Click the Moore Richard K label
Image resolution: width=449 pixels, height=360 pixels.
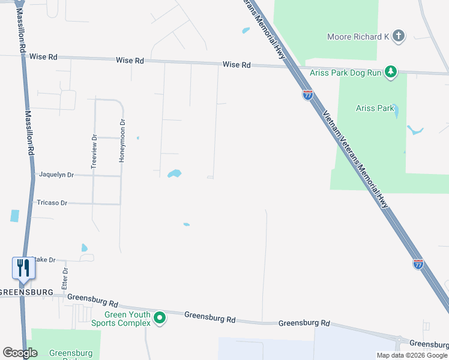pos(358,37)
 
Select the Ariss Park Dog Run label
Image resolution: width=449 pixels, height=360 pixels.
pos(346,73)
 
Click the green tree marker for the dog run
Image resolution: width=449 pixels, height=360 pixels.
pos(391,73)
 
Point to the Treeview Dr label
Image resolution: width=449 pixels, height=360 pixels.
pos(94,152)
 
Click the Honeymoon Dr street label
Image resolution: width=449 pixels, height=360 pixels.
pos(122,140)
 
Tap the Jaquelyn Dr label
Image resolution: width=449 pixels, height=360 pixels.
pos(56,175)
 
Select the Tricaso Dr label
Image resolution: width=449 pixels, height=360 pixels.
pos(52,203)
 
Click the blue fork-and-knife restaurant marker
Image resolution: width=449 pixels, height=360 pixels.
pos(23,268)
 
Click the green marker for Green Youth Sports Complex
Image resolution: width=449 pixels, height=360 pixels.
pos(159,318)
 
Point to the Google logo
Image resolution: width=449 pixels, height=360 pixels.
pos(20,353)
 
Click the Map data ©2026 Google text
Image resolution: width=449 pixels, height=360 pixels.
pos(412,355)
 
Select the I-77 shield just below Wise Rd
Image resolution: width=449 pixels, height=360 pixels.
pos(307,95)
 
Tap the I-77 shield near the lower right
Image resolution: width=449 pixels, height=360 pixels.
pos(418,264)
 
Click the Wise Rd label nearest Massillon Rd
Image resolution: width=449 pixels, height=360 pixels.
pos(45,56)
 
